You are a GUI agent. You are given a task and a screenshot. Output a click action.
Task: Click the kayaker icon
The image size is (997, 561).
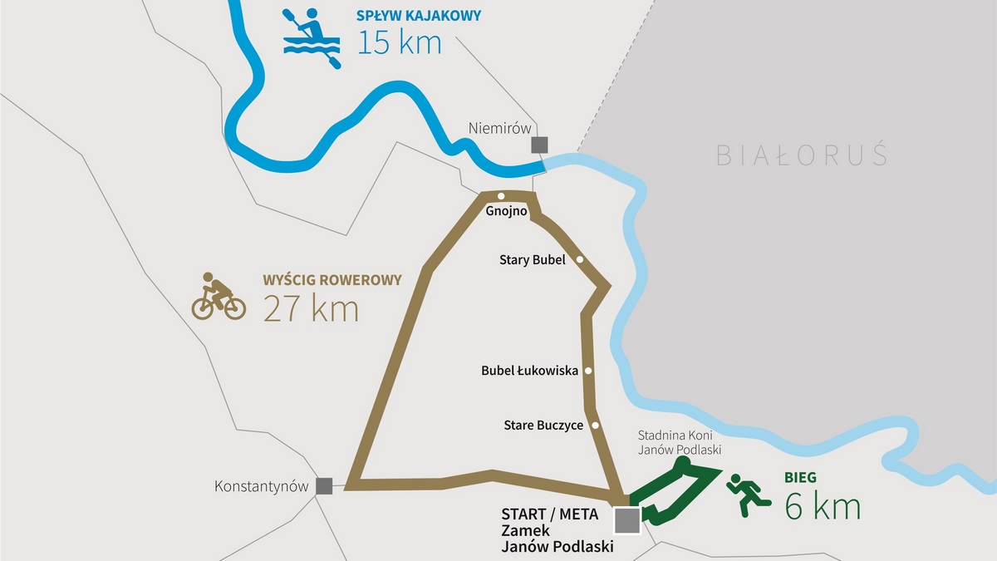[x=312, y=38]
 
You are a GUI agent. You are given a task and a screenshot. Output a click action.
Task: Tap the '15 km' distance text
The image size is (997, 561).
[x=399, y=42]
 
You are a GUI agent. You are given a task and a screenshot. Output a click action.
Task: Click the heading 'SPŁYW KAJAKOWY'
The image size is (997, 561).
[x=419, y=15]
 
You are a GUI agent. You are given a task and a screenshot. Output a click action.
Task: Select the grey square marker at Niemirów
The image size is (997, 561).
[x=540, y=145]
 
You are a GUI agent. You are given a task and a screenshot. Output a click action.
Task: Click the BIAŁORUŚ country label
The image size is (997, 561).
[x=802, y=155]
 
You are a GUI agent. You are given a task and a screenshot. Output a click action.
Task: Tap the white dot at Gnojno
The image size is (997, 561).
[x=501, y=196]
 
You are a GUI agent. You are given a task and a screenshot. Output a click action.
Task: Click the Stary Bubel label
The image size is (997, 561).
[x=532, y=259]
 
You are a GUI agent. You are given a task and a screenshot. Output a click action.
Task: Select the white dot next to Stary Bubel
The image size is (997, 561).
[x=580, y=259]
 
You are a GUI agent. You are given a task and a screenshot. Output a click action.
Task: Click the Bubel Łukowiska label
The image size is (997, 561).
[x=529, y=371]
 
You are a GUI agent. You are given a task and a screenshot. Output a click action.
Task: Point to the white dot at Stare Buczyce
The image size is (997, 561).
[x=595, y=426]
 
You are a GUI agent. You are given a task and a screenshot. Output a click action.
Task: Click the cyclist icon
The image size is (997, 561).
[x=219, y=296]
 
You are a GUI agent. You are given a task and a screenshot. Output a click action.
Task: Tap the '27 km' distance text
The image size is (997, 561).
[x=311, y=308]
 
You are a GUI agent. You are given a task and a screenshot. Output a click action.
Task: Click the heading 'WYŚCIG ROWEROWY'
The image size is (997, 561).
[x=332, y=280]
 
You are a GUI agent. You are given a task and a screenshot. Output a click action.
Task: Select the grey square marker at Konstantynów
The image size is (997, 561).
[x=325, y=486]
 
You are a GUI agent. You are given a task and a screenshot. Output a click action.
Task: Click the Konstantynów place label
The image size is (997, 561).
[x=261, y=486]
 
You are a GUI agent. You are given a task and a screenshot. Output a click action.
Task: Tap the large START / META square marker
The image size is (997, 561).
[x=626, y=520]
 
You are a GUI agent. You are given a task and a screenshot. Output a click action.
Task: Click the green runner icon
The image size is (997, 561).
[x=749, y=495]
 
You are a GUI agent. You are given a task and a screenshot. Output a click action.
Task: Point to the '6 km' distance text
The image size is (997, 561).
[x=823, y=506]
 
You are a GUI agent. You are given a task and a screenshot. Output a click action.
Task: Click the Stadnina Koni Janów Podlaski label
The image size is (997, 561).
[x=679, y=442]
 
